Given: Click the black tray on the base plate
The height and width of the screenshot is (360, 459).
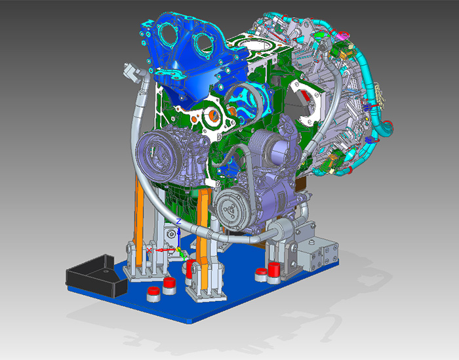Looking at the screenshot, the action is (96, 275).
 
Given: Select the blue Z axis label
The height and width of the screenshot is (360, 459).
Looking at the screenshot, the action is (178, 221).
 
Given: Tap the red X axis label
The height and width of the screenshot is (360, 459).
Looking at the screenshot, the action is (150, 250).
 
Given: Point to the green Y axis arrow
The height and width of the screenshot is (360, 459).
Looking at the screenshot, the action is (183, 256).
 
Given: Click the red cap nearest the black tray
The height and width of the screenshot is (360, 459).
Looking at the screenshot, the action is (153, 294).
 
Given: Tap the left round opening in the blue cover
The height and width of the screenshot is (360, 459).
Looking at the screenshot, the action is (168, 35).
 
